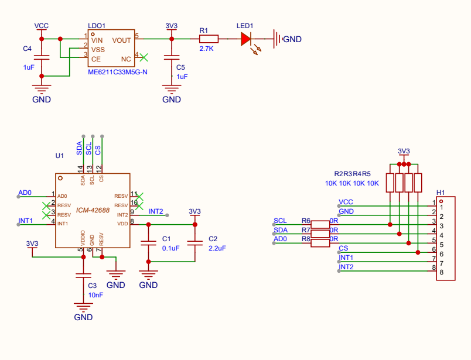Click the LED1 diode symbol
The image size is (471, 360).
click(x=245, y=39)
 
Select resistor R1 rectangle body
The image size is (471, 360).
click(x=209, y=39)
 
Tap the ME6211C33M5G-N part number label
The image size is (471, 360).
click(x=117, y=72)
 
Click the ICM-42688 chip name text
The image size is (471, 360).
click(x=93, y=210)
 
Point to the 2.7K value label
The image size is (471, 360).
click(x=206, y=49)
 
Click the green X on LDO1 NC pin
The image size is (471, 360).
click(x=144, y=57)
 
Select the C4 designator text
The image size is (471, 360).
click(x=27, y=49)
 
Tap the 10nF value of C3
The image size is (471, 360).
click(x=95, y=295)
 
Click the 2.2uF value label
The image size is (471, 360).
click(x=217, y=248)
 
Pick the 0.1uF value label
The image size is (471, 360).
click(x=170, y=248)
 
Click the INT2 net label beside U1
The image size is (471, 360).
click(x=156, y=211)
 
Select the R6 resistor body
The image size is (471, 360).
click(x=320, y=224)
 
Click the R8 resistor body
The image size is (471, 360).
click(x=320, y=243)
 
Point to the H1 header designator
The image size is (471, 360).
click(x=441, y=193)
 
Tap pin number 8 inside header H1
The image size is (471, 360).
click(x=441, y=272)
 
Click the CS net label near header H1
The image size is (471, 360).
click(x=343, y=248)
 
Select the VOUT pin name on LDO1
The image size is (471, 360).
click(x=121, y=40)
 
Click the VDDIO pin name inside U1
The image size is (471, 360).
click(x=83, y=238)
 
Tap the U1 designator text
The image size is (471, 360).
click(x=60, y=156)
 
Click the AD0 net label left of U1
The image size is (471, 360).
click(x=25, y=193)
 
